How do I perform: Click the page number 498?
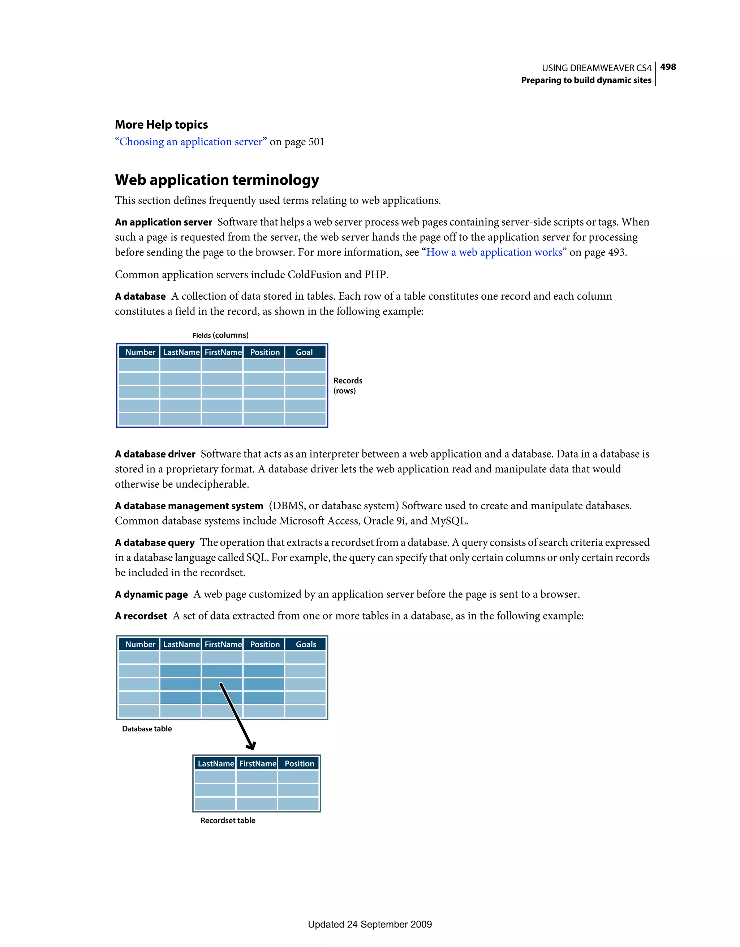668,67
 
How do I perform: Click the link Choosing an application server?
191,142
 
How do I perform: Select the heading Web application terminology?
217,180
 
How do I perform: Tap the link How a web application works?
494,252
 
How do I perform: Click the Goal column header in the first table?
304,352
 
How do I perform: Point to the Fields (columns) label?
220,335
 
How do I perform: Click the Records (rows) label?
347,385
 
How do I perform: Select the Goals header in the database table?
306,644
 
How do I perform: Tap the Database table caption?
147,729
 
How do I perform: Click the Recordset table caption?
228,820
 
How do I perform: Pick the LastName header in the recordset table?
215,764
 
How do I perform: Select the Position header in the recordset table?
299,764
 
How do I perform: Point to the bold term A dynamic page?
151,595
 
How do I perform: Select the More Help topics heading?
161,124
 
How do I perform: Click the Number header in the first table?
140,352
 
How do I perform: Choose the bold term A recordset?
141,616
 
